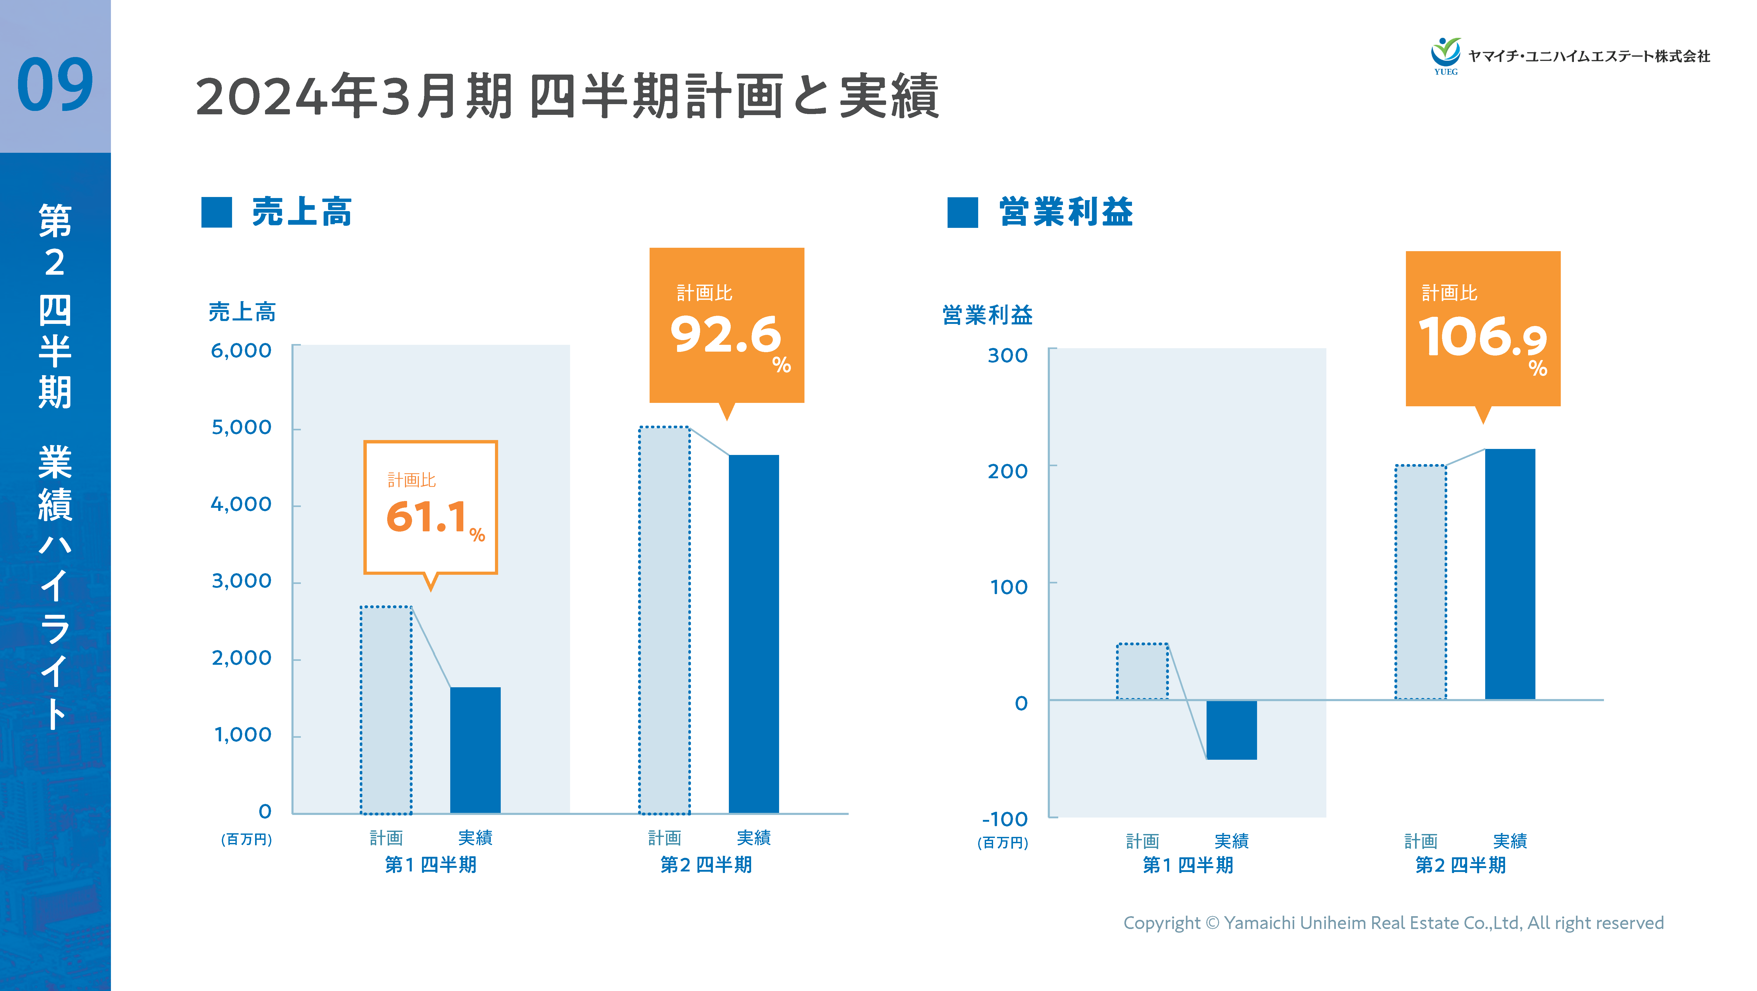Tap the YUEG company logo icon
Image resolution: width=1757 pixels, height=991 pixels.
click(1445, 55)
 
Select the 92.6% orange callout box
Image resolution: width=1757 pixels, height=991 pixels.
click(727, 325)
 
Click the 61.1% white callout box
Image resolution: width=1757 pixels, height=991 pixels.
click(430, 508)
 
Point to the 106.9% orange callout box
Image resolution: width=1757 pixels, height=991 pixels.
click(1483, 329)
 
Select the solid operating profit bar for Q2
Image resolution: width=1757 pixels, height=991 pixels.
click(1510, 574)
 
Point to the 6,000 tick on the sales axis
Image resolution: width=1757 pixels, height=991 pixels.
click(241, 351)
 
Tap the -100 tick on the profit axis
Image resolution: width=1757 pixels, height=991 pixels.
click(1005, 819)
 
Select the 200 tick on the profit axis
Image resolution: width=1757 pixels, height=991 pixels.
click(1007, 471)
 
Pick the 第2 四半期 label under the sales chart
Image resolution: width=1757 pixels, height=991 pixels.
click(706, 865)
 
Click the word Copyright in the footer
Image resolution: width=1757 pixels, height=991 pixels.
click(1161, 923)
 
